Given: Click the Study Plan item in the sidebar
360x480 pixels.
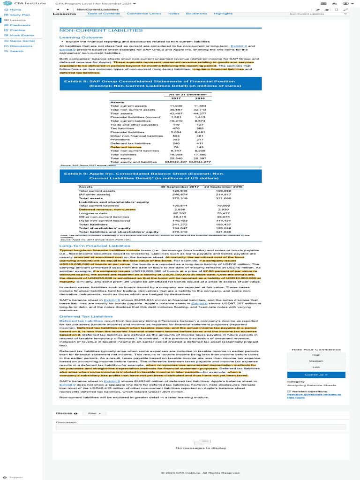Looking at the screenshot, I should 20,15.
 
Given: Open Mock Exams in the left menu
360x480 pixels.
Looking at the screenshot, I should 22,35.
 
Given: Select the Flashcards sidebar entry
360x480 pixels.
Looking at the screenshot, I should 20,25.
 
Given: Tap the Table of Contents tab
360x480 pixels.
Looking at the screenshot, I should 104,14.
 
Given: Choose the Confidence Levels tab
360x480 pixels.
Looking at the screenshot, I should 144,14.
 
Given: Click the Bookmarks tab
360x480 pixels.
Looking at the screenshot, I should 196,14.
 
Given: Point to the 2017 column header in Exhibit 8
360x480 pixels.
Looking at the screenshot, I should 176,98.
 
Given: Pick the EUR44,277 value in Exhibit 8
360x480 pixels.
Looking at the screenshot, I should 200,162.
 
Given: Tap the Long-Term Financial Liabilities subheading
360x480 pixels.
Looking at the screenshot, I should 95,246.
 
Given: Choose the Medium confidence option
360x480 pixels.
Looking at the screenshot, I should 316,361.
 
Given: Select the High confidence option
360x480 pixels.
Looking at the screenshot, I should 316,355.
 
